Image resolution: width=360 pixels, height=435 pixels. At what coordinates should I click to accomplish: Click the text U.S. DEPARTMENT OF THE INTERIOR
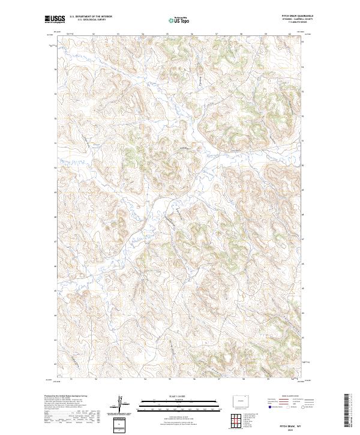tap(91, 17)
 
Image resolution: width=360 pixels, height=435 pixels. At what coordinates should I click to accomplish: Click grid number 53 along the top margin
tap(118, 34)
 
